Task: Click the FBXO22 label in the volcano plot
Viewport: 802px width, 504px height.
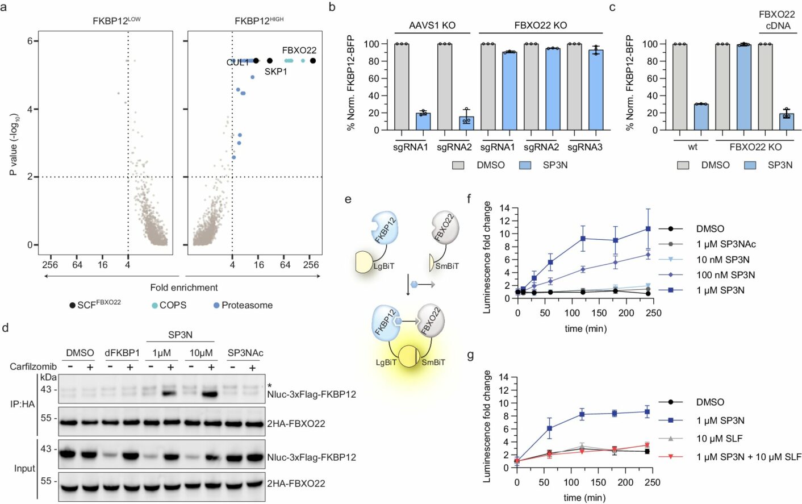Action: pos(299,51)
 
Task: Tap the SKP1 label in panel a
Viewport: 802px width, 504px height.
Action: pos(275,72)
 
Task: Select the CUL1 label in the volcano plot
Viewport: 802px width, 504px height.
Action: pos(237,63)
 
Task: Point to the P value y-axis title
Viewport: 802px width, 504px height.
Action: pos(14,144)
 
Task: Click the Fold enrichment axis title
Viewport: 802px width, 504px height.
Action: pos(183,288)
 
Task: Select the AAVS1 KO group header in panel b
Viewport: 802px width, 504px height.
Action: pos(432,26)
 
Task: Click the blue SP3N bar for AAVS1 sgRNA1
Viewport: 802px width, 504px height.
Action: pos(423,121)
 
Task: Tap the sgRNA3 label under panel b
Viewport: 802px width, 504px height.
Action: pos(584,147)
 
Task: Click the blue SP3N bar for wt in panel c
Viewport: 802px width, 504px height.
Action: pos(701,116)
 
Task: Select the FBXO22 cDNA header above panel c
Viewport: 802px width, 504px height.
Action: pos(777,20)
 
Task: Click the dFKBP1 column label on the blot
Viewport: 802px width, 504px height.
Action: pos(122,353)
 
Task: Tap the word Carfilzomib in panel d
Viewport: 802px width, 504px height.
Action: pos(33,366)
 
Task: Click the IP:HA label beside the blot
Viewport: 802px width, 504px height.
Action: pos(22,404)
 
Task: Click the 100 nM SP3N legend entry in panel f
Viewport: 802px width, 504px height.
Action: pos(725,275)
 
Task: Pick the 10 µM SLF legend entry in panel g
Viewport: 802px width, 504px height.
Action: pos(719,439)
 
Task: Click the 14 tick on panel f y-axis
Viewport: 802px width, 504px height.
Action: pos(504,208)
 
